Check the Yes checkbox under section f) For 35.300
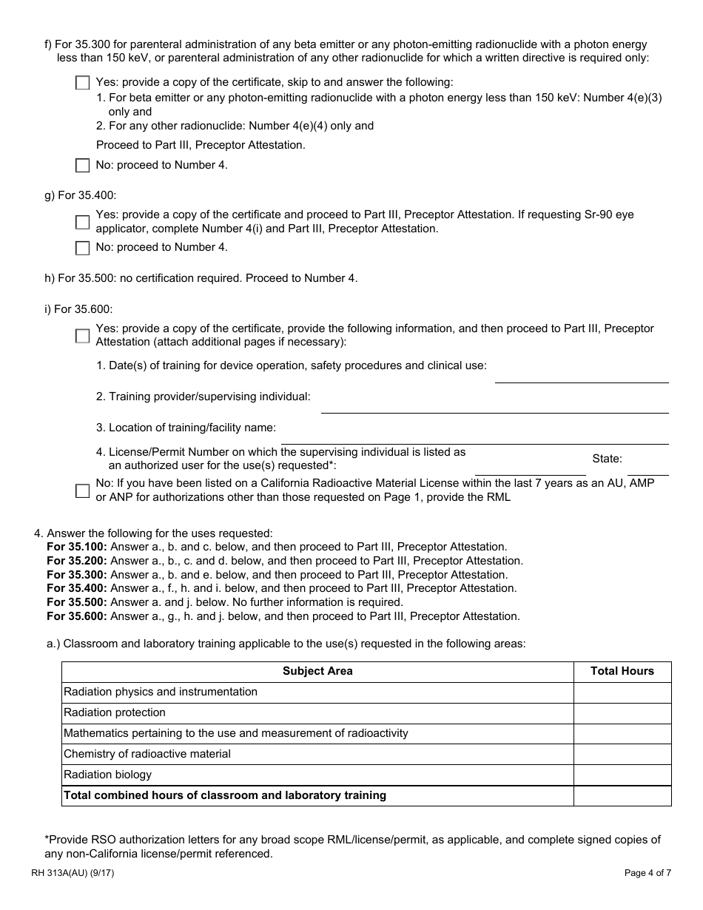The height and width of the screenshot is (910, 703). coord(82,83)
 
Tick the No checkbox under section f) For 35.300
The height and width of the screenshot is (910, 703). coord(82,166)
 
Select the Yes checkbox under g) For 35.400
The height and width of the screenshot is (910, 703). coord(82,222)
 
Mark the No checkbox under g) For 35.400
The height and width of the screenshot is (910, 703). coord(82,248)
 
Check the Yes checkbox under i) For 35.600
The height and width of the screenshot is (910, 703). coord(82,336)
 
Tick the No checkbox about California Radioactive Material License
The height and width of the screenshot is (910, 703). coord(82,491)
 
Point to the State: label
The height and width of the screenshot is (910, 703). coord(607,459)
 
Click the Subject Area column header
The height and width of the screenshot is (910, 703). coord(317,671)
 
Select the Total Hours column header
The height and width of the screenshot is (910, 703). coord(622,671)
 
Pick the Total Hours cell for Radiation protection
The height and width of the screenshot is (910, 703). coord(622,712)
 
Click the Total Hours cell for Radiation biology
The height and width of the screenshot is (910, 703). coord(622,775)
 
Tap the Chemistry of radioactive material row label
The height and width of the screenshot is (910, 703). coord(147,754)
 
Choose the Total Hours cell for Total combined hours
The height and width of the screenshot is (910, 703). coord(622,795)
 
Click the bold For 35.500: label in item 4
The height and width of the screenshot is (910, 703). coord(77,602)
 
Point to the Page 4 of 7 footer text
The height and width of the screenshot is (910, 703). coord(647,873)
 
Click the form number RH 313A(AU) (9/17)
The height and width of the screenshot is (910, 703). coord(73,873)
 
